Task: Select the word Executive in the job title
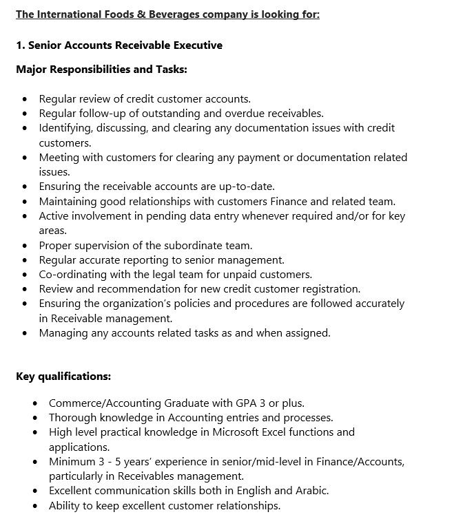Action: tap(197, 45)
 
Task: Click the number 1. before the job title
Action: tap(20, 45)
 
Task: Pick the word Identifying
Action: tap(67, 128)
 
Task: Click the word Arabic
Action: tap(310, 491)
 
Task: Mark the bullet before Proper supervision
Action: tap(25, 246)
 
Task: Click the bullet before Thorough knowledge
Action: tap(35, 418)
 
